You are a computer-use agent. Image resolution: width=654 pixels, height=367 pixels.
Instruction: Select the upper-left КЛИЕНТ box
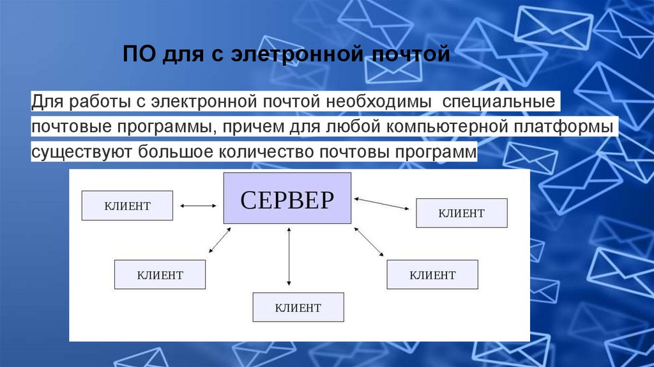click(x=127, y=206)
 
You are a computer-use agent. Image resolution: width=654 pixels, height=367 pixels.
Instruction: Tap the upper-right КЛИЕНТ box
click(x=461, y=213)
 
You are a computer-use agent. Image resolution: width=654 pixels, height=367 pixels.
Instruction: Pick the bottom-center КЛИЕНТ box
click(x=298, y=308)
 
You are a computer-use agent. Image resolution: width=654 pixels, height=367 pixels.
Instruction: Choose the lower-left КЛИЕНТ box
click(x=160, y=275)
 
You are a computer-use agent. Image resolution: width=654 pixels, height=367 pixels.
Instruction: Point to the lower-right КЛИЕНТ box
click(x=432, y=275)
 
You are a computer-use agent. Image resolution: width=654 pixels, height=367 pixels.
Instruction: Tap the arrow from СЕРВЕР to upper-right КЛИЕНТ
click(x=383, y=204)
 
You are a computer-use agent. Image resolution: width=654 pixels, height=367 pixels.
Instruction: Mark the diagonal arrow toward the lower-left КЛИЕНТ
click(x=219, y=241)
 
